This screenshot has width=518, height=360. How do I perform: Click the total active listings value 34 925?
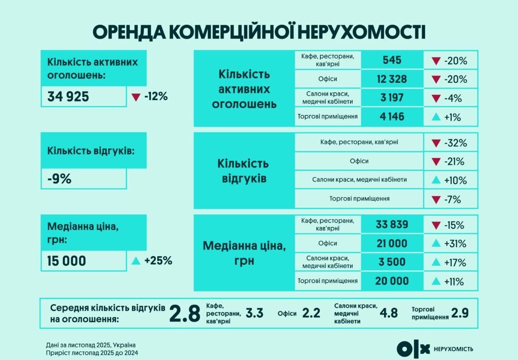68,97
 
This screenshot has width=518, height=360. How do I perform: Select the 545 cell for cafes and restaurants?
392,60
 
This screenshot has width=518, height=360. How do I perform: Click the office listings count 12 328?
392,79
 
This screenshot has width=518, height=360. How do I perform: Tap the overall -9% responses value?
60,179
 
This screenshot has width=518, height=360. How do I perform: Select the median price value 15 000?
67,261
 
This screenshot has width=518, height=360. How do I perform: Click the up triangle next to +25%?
136,261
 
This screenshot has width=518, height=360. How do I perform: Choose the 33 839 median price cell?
392,225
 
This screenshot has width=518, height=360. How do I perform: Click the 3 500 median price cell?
392,262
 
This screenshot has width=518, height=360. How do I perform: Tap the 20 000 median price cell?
392,281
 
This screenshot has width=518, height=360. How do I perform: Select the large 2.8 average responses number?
184,314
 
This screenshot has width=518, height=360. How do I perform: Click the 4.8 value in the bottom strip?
388,313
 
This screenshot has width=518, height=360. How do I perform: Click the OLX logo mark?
413,349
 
